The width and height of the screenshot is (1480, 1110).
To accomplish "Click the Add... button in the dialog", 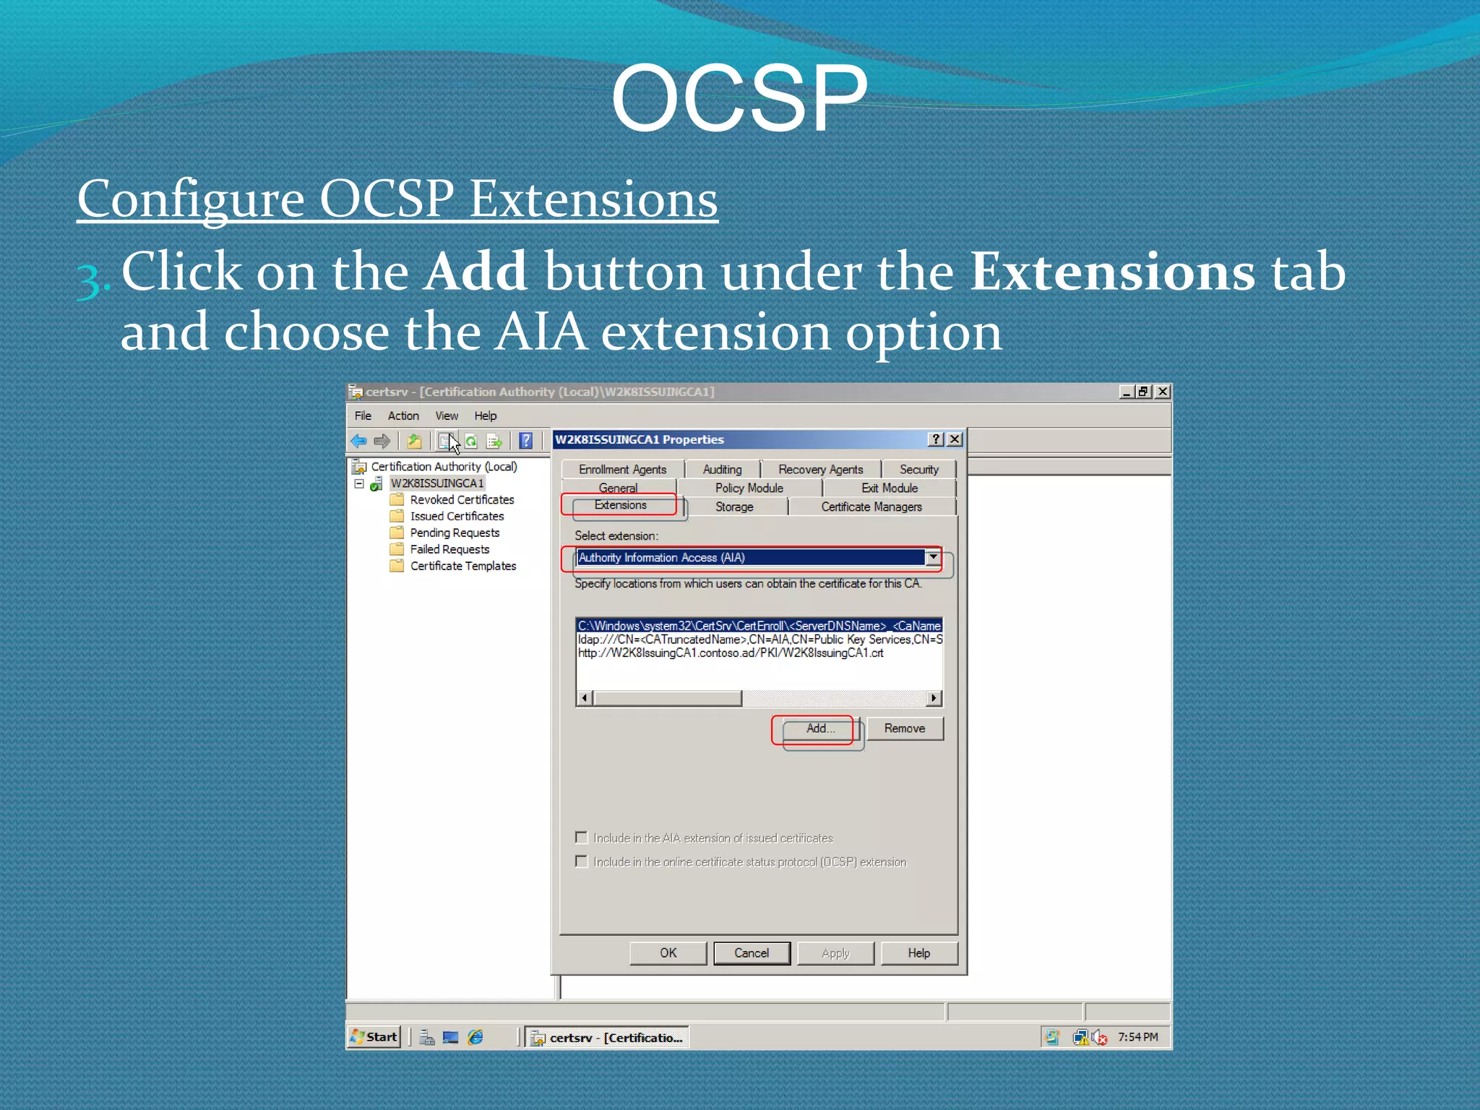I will (820, 728).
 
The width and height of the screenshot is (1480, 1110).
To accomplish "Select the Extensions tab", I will (620, 505).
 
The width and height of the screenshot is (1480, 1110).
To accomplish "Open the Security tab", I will (918, 470).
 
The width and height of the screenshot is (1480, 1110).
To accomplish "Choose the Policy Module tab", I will (749, 489).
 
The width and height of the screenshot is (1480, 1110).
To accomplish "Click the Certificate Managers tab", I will (871, 507).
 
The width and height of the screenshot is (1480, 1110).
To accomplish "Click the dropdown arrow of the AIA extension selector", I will (933, 557).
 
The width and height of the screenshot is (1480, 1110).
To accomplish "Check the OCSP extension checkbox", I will (582, 861).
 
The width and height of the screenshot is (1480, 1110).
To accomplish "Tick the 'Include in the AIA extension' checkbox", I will (582, 838).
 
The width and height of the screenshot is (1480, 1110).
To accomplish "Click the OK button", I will (668, 953).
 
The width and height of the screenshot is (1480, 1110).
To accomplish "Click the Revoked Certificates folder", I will (461, 500).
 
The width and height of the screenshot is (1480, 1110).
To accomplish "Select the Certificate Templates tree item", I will (462, 567).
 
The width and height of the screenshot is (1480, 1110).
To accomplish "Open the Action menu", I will (403, 416).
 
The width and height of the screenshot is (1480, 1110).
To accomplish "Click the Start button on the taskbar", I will (374, 1037).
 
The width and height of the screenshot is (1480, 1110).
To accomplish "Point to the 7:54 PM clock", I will (1137, 1037).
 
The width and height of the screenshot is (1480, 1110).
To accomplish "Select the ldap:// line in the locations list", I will (759, 640).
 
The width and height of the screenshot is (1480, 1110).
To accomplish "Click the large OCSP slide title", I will (739, 98).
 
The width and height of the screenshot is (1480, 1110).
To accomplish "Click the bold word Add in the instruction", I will (475, 272).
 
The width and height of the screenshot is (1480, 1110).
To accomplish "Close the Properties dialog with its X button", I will (955, 439).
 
